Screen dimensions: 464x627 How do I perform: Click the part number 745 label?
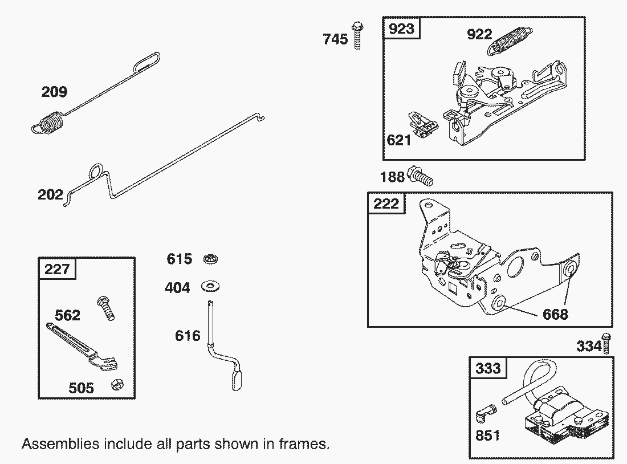pyautogui.click(x=335, y=39)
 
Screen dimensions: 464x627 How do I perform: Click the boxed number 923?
pyautogui.click(x=401, y=29)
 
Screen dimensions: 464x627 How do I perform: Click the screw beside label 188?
pyautogui.click(x=421, y=176)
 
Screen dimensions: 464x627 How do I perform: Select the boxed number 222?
pyautogui.click(x=386, y=203)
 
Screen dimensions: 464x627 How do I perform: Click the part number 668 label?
pyautogui.click(x=555, y=314)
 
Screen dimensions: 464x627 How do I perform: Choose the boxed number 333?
pyautogui.click(x=488, y=368)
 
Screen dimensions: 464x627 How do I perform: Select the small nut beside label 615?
pyautogui.click(x=211, y=259)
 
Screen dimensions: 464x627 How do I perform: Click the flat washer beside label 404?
pyautogui.click(x=211, y=286)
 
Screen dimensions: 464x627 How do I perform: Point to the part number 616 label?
pyautogui.click(x=188, y=335)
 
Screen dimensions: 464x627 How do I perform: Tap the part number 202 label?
pyautogui.click(x=50, y=195)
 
